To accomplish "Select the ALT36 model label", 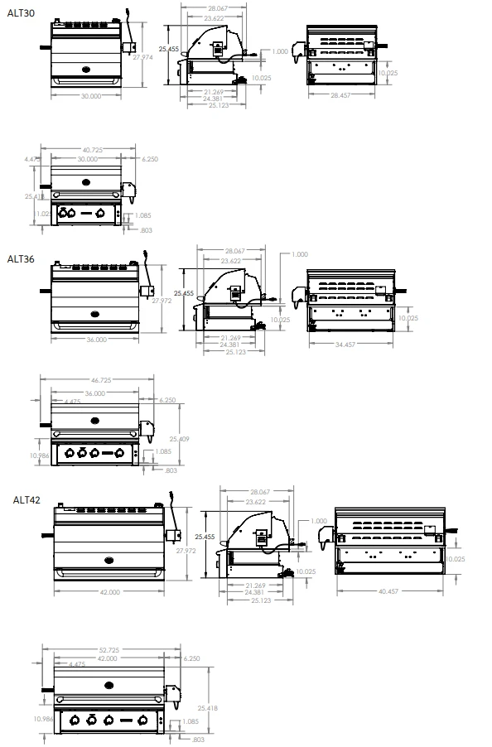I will tap(21, 258).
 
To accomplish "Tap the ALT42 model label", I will tap(27, 500).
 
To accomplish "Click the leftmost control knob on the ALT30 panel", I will tap(70, 214).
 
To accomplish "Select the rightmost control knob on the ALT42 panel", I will tap(143, 719).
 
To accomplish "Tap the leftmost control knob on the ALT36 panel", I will tap(70, 453).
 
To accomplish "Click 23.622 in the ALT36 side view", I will tap(233, 260).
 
